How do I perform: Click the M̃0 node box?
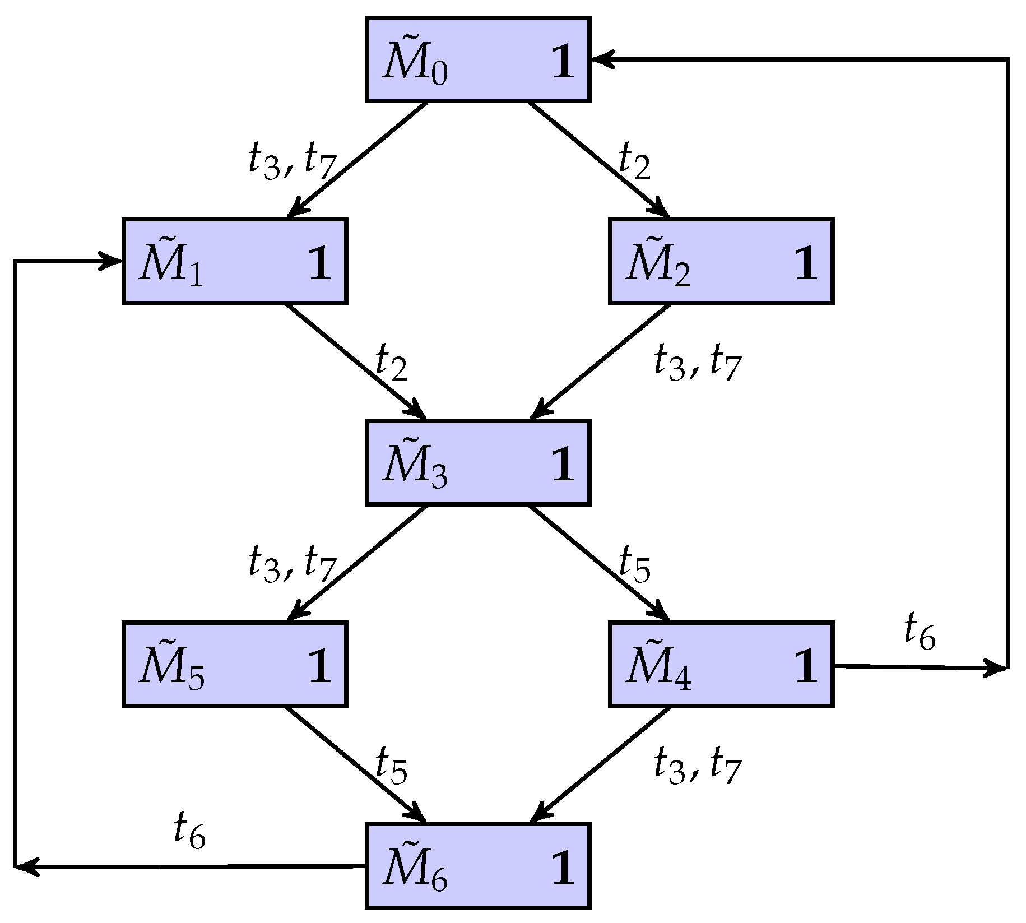coord(477,59)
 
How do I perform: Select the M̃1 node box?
coord(234,261)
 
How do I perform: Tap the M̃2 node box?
coord(721,261)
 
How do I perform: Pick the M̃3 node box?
coord(477,463)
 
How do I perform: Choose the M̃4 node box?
coord(721,665)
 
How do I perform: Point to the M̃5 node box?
coord(234,665)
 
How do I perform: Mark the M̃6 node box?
coord(477,866)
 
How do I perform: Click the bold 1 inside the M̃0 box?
coord(563,62)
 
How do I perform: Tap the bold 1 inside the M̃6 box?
coord(563,869)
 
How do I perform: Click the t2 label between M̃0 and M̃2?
coord(634,161)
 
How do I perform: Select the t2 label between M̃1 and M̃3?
coord(391,363)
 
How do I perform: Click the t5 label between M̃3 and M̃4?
coord(634,565)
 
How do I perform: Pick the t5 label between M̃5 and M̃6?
coord(391,767)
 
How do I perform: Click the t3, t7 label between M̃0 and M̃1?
coord(291,161)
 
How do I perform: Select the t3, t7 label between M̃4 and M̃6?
coord(698,767)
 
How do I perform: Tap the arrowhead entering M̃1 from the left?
coord(111,261)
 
